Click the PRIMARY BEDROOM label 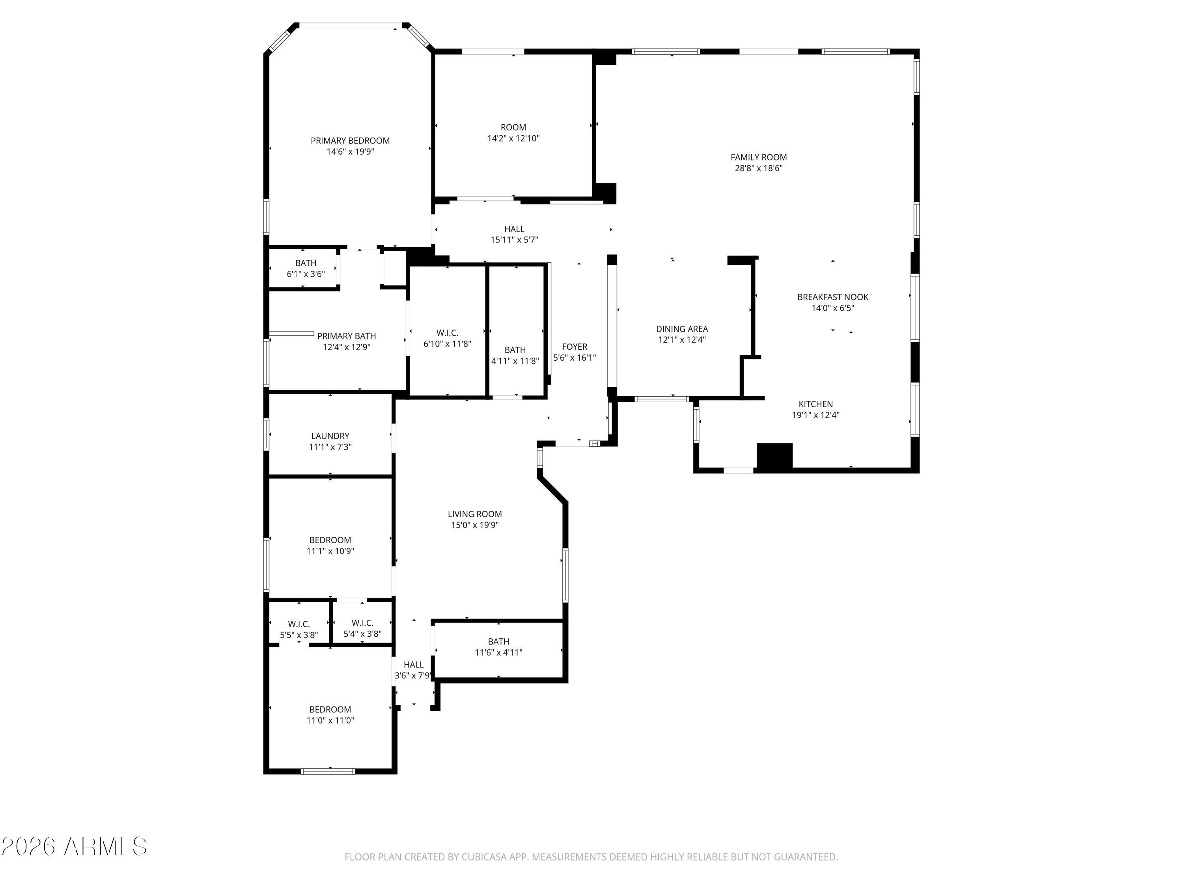click(x=350, y=141)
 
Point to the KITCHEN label click(x=815, y=404)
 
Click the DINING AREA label click(x=681, y=329)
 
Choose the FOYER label click(x=575, y=347)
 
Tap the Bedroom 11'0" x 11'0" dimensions click(x=330, y=720)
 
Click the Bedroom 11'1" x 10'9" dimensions click(x=330, y=551)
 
